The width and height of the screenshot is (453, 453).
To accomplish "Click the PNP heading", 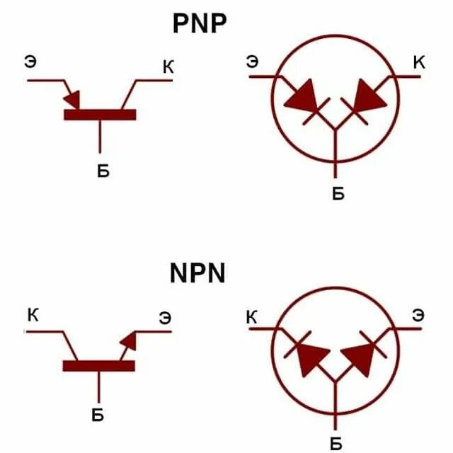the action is click(200, 23).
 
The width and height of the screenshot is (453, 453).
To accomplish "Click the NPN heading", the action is click(197, 273).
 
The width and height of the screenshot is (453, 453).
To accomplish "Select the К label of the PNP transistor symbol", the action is click(168, 67).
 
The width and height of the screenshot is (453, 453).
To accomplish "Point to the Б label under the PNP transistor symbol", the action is click(103, 172).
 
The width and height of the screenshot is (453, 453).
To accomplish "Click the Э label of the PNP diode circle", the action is click(252, 62).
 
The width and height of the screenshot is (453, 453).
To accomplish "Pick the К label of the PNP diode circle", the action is click(419, 63).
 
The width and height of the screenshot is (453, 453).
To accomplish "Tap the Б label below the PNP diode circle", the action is click(338, 193).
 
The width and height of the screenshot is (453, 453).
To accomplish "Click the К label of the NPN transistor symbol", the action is click(33, 314).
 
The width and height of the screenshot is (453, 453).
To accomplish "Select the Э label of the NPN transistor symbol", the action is click(164, 318).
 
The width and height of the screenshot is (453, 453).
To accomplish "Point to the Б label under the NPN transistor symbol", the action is click(98, 415).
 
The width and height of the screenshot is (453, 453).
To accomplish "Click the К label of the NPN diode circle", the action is click(252, 318).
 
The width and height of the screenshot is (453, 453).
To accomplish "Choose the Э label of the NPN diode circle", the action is click(418, 315).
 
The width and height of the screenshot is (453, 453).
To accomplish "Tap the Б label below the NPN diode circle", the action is click(336, 444).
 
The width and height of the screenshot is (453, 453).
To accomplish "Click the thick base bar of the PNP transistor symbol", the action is click(99, 114).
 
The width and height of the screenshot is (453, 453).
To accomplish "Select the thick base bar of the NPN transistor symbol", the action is click(98, 365).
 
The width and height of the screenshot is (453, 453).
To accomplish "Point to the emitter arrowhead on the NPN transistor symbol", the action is click(129, 340).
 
